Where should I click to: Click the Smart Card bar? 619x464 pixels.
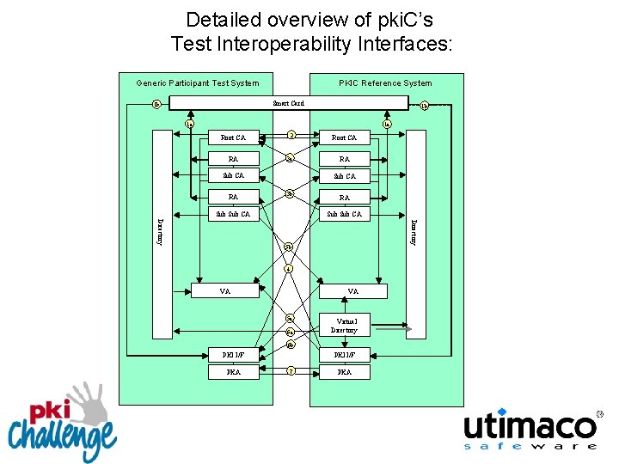[x=288, y=103]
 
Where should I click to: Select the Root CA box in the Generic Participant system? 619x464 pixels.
[x=234, y=137]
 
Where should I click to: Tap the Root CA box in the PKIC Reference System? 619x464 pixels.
[x=344, y=137]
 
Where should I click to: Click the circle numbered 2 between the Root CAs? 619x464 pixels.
[x=291, y=135]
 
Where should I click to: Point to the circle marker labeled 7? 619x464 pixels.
[x=291, y=371]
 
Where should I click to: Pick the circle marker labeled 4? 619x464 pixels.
[x=289, y=268]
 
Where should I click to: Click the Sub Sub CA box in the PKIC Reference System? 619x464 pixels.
[x=344, y=214]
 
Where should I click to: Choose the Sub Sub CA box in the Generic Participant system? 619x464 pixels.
[x=234, y=214]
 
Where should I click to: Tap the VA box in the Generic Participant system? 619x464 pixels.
[x=225, y=291]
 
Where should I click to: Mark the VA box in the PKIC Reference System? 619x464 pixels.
[x=353, y=291]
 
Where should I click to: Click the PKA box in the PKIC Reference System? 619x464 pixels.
[x=344, y=372]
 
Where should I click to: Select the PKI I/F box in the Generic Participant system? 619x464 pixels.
[x=234, y=353]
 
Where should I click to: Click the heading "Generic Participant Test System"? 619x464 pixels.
[x=198, y=83]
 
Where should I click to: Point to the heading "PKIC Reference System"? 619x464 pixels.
[x=385, y=83]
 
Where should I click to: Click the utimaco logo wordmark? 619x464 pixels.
[x=530, y=426]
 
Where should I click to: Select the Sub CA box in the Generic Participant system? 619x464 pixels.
[x=234, y=176]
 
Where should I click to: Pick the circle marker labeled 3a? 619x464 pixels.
[x=291, y=157]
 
